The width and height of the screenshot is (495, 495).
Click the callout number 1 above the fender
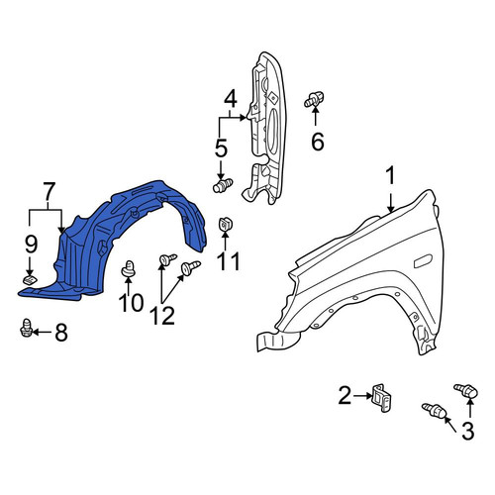coord(390,175)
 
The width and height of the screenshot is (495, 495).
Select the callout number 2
coord(345,395)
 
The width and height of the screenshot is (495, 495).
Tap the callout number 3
coord(467,431)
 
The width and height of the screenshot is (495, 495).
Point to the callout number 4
coord(231,99)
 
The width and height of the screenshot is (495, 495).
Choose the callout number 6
coord(318,142)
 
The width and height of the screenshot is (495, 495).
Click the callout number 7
coord(49,192)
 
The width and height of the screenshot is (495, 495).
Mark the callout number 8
coord(61,332)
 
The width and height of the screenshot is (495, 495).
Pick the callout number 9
coord(32,245)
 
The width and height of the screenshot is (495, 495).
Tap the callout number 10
coord(132,302)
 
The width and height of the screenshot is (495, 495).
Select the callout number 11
coord(229,261)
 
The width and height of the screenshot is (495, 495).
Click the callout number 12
coord(163,316)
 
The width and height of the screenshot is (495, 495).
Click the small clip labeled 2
coord(381,398)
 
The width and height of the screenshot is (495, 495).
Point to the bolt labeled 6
coord(314,99)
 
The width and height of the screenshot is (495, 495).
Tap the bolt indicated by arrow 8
coord(26,328)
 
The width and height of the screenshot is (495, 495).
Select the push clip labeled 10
coord(129,269)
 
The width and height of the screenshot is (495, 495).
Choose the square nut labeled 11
coord(225,225)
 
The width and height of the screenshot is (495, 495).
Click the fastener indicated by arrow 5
coord(223,185)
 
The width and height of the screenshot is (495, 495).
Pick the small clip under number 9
coord(30,280)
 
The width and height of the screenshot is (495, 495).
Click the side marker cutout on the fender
coord(423,260)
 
